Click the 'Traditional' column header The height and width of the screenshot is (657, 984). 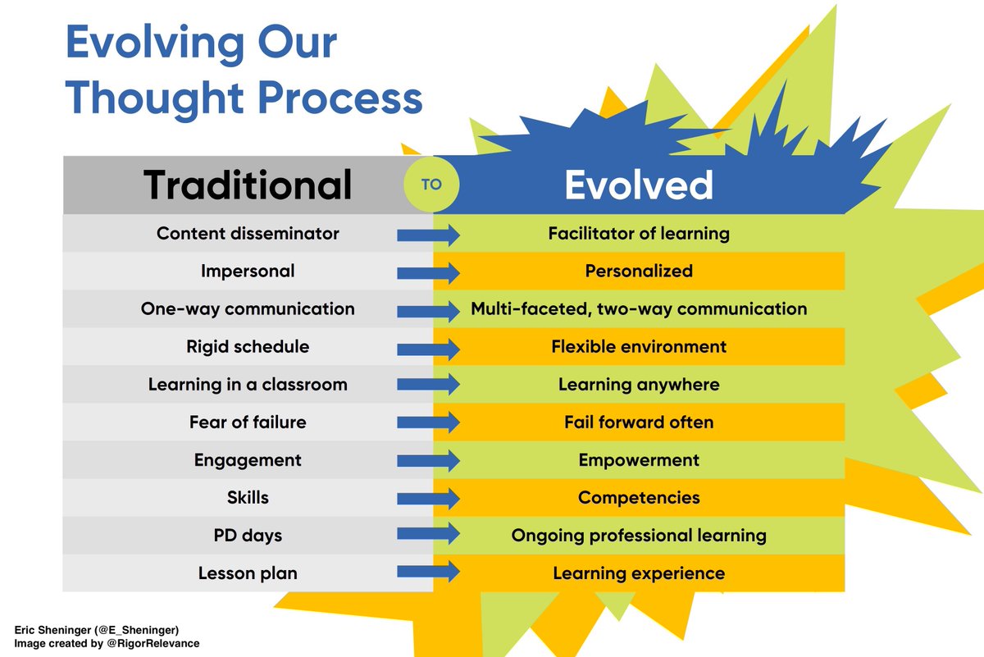pyautogui.click(x=248, y=185)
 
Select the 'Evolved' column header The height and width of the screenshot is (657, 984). pyautogui.click(x=638, y=185)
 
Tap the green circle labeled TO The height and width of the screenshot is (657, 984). pyautogui.click(x=431, y=185)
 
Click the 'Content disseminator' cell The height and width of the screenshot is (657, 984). pyautogui.click(x=248, y=234)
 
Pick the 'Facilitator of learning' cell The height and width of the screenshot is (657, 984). pyautogui.click(x=638, y=234)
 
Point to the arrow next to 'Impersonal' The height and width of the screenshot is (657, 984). pyautogui.click(x=428, y=271)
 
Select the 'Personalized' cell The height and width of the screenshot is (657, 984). pyautogui.click(x=638, y=271)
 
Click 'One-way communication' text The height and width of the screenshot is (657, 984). pyautogui.click(x=248, y=309)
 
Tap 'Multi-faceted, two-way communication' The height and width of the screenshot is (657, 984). pyautogui.click(x=638, y=309)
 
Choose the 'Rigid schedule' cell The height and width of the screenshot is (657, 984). pyautogui.click(x=248, y=347)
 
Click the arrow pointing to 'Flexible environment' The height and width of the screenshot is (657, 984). pyautogui.click(x=428, y=347)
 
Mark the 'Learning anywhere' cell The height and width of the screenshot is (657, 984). pyautogui.click(x=638, y=385)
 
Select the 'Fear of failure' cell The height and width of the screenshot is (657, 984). pyautogui.click(x=248, y=422)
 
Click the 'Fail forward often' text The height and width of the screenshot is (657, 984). pyautogui.click(x=638, y=422)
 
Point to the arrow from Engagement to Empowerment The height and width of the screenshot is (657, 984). pyautogui.click(x=428, y=460)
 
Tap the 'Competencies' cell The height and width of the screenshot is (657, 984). pyautogui.click(x=638, y=498)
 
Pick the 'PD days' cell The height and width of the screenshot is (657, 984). pyautogui.click(x=248, y=536)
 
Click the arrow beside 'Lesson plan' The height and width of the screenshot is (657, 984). pyautogui.click(x=428, y=573)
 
